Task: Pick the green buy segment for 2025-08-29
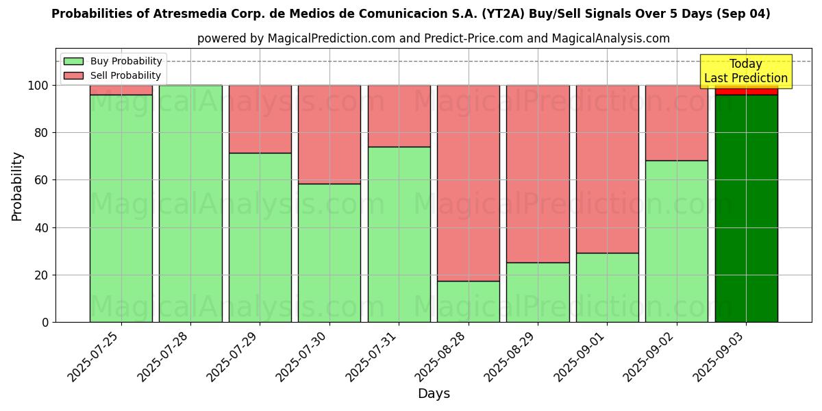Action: click(538, 292)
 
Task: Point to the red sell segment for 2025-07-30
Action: click(329, 134)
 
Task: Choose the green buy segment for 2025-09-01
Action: click(608, 288)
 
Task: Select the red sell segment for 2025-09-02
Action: click(677, 123)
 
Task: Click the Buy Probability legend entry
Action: click(112, 61)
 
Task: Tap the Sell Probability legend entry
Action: click(112, 75)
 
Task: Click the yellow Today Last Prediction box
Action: click(746, 71)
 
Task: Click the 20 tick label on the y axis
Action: click(42, 275)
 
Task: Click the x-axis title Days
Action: click(434, 394)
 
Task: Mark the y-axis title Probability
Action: click(17, 186)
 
